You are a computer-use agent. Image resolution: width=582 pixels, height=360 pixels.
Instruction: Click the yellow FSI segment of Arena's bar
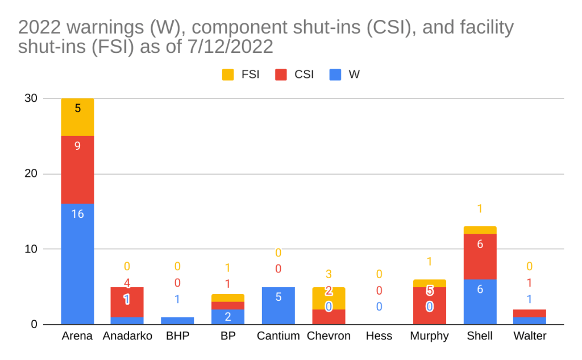(77, 117)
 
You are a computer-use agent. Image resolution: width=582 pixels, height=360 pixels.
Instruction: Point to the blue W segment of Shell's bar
(480, 301)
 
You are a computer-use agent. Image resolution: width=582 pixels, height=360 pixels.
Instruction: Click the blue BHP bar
(178, 321)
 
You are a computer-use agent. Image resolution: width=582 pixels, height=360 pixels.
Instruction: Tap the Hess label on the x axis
(379, 336)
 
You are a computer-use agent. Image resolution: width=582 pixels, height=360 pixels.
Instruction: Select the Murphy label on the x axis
(429, 336)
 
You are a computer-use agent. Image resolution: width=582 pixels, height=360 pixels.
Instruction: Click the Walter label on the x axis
(530, 336)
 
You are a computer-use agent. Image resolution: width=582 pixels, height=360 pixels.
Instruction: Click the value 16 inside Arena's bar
(77, 214)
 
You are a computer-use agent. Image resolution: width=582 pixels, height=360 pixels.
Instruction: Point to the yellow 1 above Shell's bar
(480, 209)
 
